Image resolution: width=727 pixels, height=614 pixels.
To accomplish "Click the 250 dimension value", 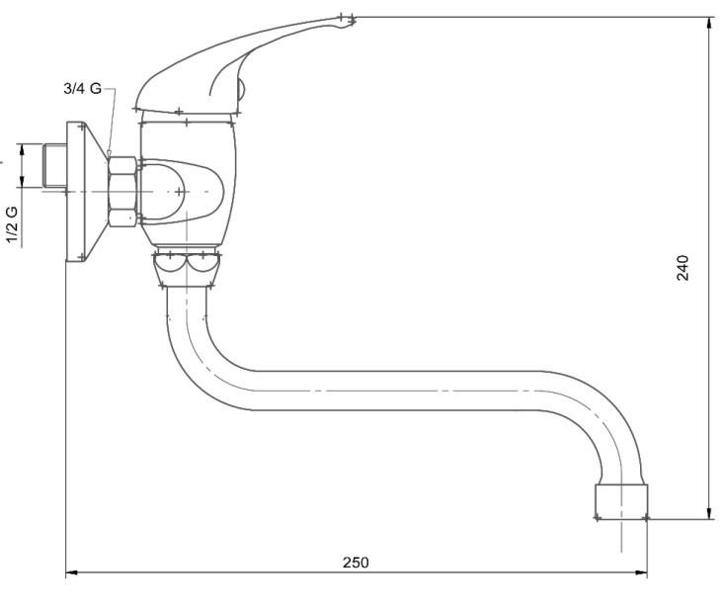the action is tap(356, 563).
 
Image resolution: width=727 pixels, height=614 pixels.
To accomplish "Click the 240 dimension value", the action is tap(683, 268).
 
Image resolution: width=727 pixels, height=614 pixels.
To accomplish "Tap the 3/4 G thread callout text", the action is tap(83, 88).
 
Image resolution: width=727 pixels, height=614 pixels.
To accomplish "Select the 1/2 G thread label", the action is tap(12, 224).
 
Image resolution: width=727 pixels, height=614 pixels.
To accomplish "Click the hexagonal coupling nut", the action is tap(122, 192).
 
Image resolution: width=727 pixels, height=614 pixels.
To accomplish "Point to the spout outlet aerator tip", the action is tap(621, 501).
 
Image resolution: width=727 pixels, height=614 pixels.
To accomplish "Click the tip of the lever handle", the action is tap(353, 20).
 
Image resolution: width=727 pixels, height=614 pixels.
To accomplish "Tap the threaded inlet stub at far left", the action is tap(54, 166).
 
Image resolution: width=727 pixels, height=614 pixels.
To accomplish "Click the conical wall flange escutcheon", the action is tap(86, 192).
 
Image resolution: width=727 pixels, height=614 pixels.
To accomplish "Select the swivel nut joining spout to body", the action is tap(186, 267).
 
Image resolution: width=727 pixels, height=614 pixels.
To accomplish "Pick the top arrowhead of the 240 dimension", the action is tap(709, 24).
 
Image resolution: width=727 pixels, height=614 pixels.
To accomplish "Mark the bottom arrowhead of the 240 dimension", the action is tap(709, 513).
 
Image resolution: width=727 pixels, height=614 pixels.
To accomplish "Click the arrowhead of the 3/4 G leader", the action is tap(109, 154).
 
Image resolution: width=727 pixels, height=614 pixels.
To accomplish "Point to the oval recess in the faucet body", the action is tap(182, 192).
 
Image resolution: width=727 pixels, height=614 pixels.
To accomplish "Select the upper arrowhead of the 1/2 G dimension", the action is tap(22, 150).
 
